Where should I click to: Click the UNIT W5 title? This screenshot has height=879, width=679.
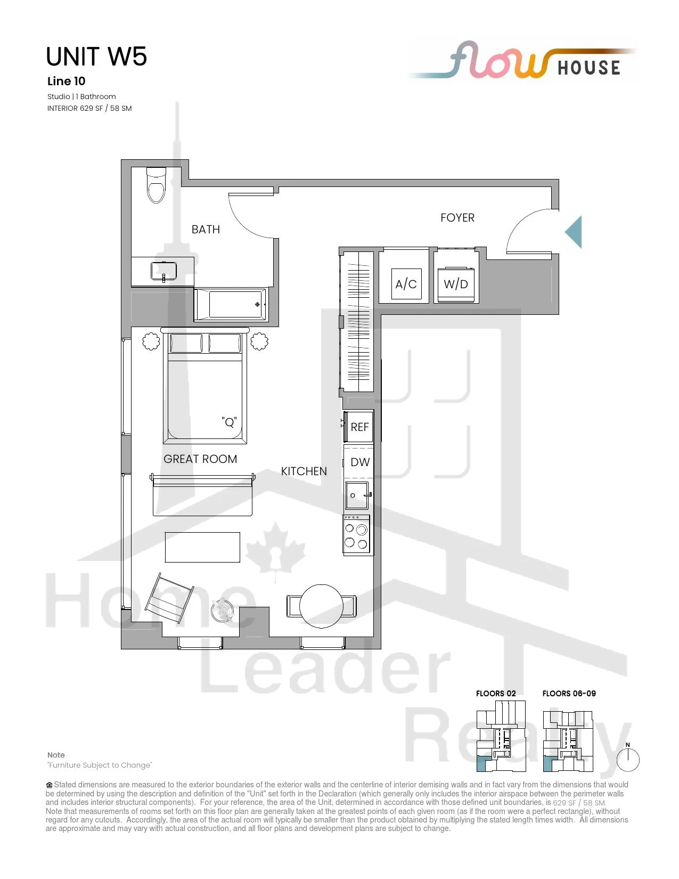tap(96, 56)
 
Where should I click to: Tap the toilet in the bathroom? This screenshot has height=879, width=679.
tap(156, 185)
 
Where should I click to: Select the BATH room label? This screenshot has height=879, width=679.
tap(206, 230)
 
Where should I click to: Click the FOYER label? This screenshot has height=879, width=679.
tap(457, 218)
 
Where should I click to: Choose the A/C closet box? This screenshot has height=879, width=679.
tap(406, 284)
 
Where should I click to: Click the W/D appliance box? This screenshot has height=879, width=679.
tap(456, 284)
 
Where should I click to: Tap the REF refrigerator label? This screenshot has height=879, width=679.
tap(359, 427)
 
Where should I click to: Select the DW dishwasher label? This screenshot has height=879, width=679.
tap(360, 462)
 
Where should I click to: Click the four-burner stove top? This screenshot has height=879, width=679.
tap(356, 535)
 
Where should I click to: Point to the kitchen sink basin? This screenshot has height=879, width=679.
tap(357, 495)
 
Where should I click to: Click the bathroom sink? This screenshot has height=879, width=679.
tap(163, 271)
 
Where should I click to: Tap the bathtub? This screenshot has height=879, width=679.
tap(231, 305)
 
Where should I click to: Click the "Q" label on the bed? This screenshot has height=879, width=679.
tap(230, 422)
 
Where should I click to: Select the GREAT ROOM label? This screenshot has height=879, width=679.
tap(200, 459)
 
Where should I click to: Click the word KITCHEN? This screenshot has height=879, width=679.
tap(304, 471)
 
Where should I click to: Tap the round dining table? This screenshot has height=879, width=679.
tap(322, 606)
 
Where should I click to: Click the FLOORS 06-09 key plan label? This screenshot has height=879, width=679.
tap(569, 693)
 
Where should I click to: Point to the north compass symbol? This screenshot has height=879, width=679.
tap(628, 759)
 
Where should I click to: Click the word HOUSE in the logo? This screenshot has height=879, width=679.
tap(589, 68)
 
